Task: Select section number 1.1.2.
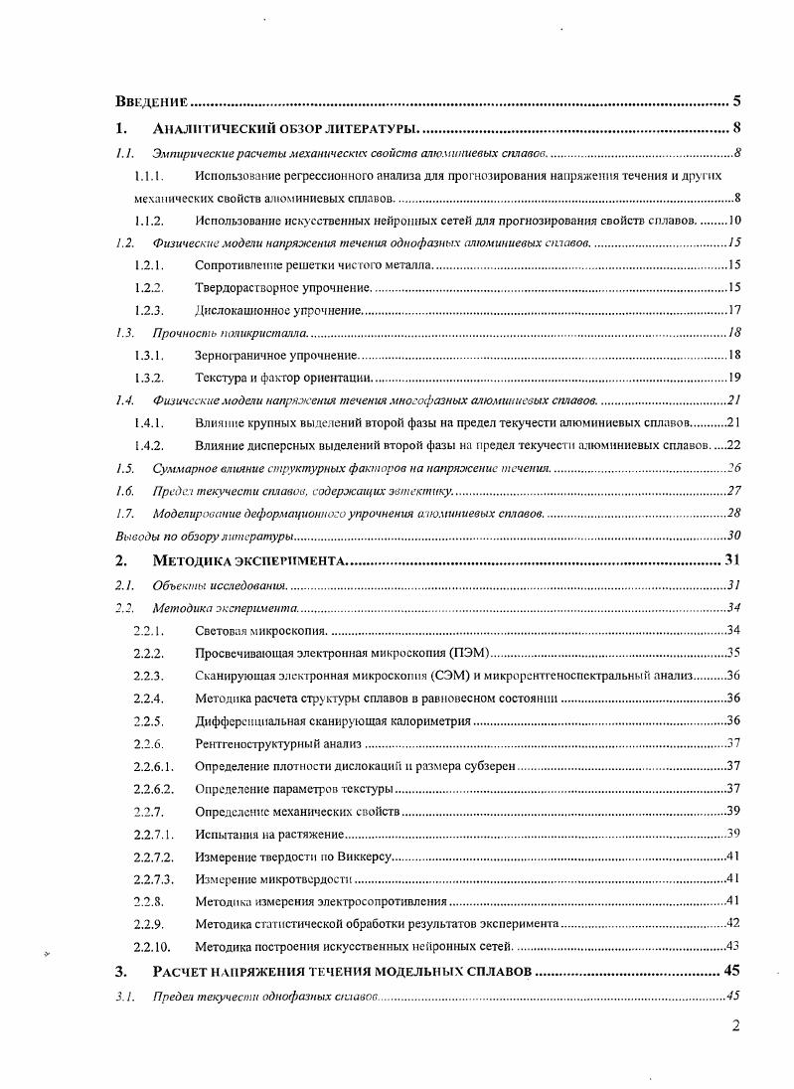click(148, 220)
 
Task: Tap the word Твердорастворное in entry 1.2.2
click(244, 288)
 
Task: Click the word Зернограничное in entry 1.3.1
click(239, 355)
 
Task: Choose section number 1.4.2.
click(148, 445)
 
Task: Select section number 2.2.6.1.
click(154, 766)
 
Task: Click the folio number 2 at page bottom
click(736, 1027)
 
